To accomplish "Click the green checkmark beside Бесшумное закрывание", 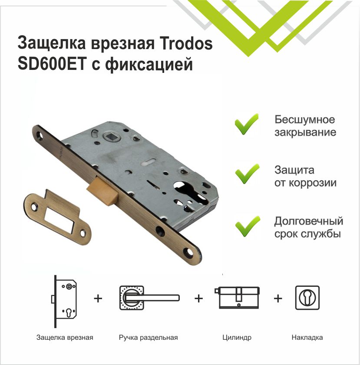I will click(246, 124).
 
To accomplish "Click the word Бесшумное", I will click(304, 119).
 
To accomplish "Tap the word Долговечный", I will click(308, 221).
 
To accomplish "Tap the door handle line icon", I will click(148, 297).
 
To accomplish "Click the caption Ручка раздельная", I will click(148, 337).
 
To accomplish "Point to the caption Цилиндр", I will click(237, 337).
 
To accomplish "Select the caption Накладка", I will click(307, 337).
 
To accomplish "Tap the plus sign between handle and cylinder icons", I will click(198, 298).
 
